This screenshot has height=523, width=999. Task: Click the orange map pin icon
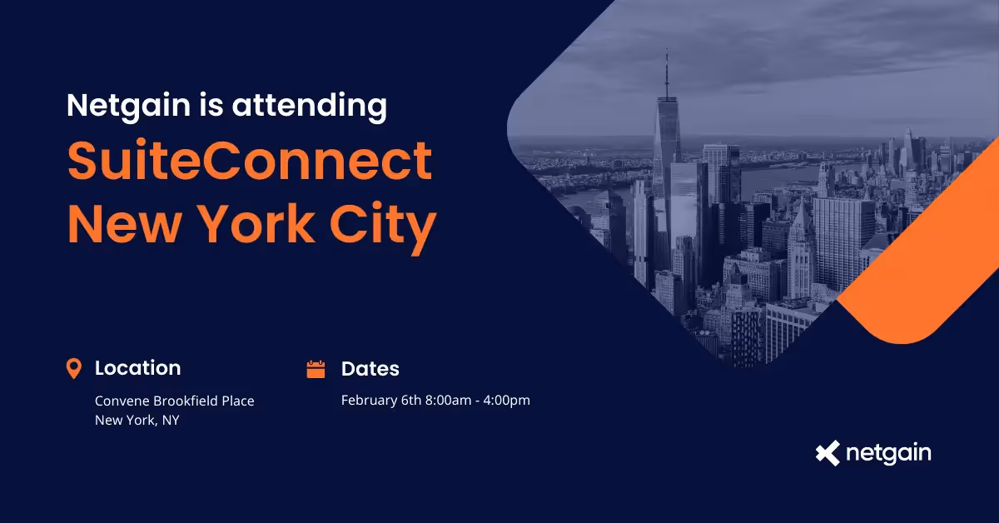click(x=74, y=368)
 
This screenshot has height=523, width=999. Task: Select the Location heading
click(x=137, y=368)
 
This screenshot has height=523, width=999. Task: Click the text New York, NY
click(x=137, y=420)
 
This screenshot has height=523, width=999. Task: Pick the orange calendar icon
click(x=316, y=369)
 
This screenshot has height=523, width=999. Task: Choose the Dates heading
click(x=370, y=369)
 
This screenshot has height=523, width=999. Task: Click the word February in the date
click(x=369, y=401)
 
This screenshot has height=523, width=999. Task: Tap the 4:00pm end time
click(x=507, y=401)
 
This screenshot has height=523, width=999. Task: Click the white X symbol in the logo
click(x=828, y=454)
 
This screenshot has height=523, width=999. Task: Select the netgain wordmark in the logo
click(x=888, y=454)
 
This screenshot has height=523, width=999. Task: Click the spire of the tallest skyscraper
click(x=666, y=75)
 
